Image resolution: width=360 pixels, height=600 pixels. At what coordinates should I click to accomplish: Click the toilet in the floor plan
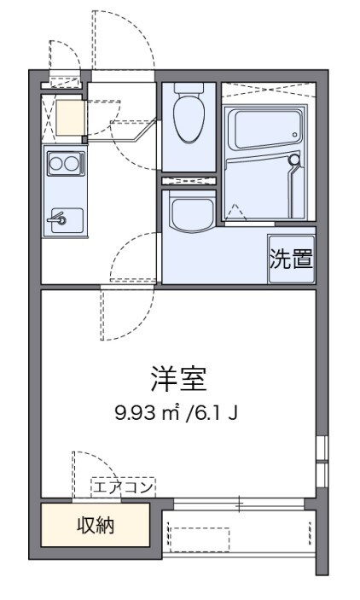coord(187,118)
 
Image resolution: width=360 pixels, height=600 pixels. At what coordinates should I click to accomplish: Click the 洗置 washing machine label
coord(290,259)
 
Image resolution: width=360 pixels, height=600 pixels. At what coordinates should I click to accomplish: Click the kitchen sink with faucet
coord(64,220)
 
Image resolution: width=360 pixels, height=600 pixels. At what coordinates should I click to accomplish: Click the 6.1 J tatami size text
coord(217,414)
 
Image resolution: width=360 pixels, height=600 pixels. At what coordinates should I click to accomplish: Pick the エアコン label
coord(123,487)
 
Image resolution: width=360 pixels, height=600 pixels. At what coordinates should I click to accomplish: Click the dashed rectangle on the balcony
coord(199,539)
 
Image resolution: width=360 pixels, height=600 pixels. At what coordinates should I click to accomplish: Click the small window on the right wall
coord(321,462)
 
